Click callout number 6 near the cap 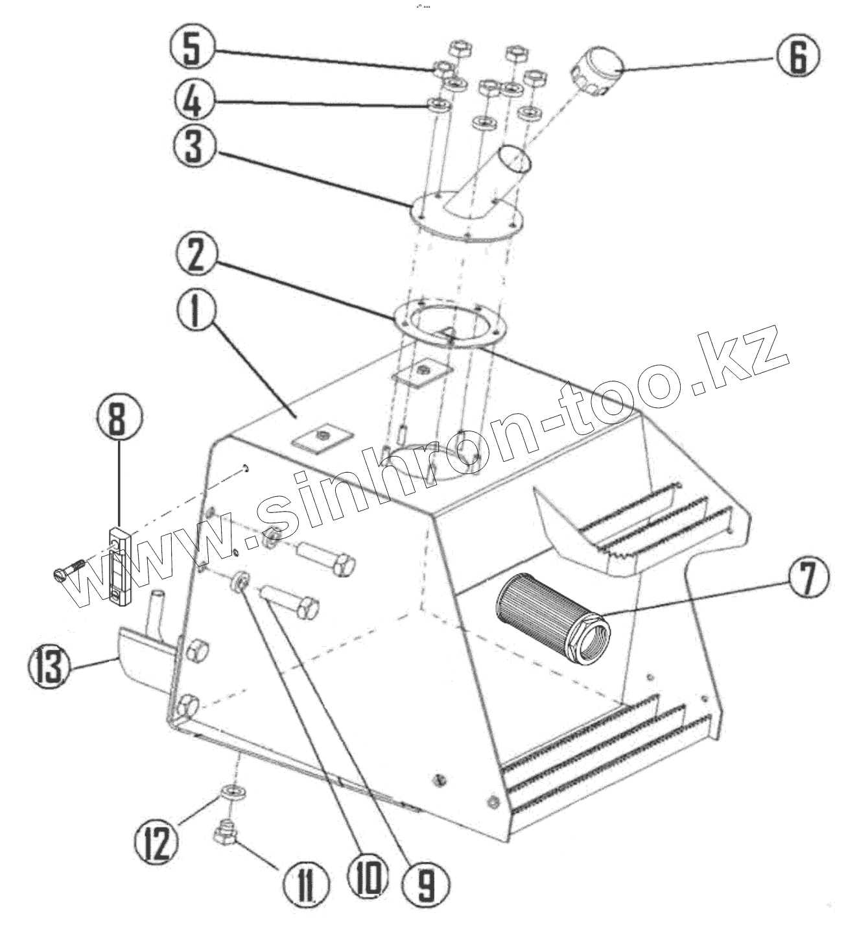click(797, 57)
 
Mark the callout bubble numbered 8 click(117, 419)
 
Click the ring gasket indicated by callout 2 click(450, 320)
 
